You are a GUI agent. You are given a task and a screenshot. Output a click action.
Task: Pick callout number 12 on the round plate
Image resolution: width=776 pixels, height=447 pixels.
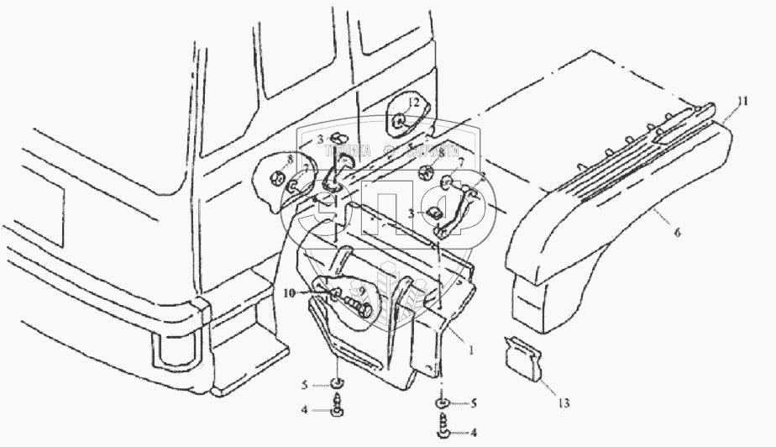click(x=413, y=103)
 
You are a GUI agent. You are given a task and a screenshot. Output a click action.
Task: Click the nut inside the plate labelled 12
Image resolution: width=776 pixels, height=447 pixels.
click(x=401, y=119)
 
